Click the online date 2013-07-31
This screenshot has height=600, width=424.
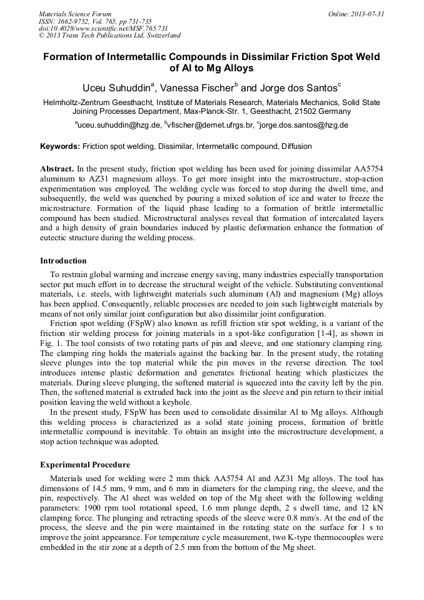(368, 14)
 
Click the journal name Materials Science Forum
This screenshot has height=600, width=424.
(75, 14)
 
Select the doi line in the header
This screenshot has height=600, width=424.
(103, 28)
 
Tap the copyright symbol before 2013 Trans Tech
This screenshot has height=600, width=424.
(41, 36)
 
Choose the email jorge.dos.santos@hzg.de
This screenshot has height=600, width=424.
(304, 125)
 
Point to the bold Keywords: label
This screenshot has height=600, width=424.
(60, 146)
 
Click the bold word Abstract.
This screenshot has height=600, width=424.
(57, 170)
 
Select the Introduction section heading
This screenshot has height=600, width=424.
(63, 260)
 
